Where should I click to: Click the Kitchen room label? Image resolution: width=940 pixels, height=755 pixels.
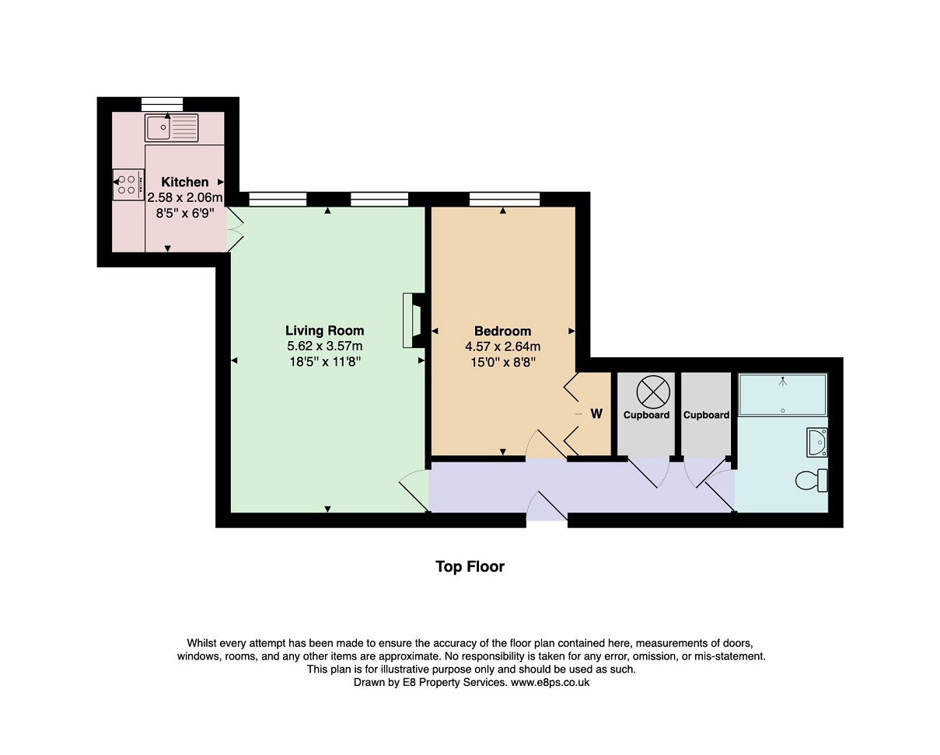tap(185, 182)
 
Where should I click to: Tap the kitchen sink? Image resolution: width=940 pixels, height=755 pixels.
tap(172, 128)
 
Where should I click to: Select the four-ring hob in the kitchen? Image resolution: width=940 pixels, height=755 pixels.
tap(128, 185)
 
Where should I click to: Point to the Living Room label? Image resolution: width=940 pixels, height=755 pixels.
tap(324, 330)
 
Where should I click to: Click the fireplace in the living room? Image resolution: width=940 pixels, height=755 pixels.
tap(413, 320)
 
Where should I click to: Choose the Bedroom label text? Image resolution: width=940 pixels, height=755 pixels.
tap(503, 331)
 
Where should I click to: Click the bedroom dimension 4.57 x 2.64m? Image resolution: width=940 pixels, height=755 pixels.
tap(503, 346)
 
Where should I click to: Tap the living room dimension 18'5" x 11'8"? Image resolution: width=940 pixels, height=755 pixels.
tap(325, 362)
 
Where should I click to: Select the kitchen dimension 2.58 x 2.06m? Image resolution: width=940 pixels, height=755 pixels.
tap(185, 197)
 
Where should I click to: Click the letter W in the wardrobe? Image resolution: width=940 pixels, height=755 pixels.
tap(596, 413)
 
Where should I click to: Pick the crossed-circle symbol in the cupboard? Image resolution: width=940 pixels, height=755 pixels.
tap(653, 392)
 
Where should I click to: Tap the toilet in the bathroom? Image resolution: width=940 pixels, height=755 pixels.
tap(812, 481)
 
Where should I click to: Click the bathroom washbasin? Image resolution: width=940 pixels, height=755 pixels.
tap(817, 442)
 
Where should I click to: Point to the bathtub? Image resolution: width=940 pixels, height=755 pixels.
tap(782, 395)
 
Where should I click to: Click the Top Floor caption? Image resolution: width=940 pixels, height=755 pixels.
tap(470, 566)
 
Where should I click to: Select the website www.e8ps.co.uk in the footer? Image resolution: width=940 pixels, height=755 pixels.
tap(550, 682)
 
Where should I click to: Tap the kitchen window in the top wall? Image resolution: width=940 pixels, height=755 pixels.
tap(162, 105)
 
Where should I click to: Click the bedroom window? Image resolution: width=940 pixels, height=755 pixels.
tap(505, 200)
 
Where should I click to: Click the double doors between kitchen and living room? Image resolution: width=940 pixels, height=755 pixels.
tap(235, 230)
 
